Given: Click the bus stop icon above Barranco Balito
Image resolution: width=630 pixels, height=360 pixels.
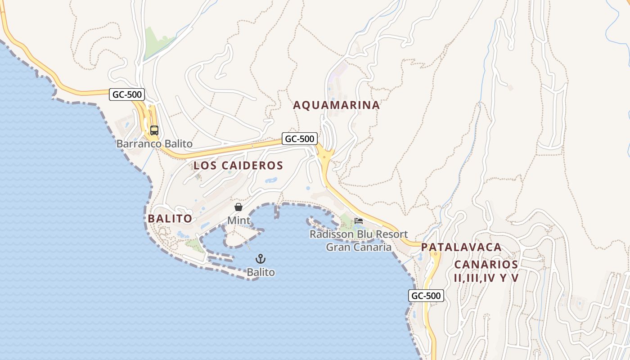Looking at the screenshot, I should click(154, 130).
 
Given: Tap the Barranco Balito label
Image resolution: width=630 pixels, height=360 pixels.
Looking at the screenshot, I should click(154, 144).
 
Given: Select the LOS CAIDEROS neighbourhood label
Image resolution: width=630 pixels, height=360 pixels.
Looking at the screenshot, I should click(238, 166).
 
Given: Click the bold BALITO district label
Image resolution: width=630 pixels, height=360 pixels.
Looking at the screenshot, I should click(170, 219).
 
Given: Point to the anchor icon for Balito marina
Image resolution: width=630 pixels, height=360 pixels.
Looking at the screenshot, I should click(261, 259).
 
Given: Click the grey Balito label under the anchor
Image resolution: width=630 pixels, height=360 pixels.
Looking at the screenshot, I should click(261, 272).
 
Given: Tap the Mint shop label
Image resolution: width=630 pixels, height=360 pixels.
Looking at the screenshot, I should click(238, 220).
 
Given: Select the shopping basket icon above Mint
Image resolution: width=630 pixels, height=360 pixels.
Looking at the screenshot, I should click(238, 207).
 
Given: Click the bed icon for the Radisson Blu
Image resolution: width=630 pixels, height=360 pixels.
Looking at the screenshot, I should click(359, 220).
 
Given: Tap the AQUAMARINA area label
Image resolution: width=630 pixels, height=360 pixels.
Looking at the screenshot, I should click(337, 105).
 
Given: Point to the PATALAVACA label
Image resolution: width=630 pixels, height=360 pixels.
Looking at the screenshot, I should click(461, 247).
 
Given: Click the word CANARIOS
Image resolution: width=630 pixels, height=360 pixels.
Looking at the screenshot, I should click(486, 264).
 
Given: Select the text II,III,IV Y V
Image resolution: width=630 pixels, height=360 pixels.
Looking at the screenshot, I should click(486, 278).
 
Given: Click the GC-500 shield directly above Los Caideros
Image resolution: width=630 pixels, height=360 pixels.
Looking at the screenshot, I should click(300, 139).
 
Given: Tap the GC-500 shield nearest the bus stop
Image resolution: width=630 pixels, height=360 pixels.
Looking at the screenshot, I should click(127, 94).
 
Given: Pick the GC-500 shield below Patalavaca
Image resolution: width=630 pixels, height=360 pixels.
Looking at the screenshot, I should click(426, 296).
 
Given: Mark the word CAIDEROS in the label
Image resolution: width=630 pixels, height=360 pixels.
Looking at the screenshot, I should click(252, 166).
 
